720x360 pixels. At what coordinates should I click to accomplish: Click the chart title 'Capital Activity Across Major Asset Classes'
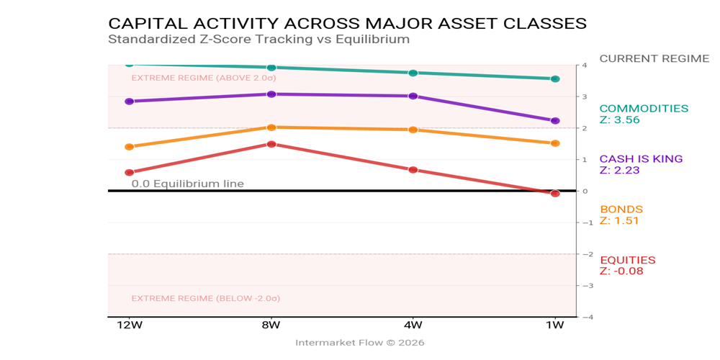tap(347, 23)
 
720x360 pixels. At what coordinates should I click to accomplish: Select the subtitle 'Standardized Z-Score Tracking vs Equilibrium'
tap(258, 40)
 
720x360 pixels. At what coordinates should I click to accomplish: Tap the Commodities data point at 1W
tap(555, 78)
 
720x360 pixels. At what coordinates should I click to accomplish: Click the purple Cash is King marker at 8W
tap(271, 94)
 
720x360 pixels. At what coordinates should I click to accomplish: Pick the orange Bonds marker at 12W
tap(130, 147)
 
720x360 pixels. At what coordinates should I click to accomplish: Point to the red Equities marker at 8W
tap(271, 144)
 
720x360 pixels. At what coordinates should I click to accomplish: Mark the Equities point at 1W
tap(555, 194)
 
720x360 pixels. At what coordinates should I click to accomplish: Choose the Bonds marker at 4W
tap(413, 130)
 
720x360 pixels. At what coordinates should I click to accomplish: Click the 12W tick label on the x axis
tap(130, 325)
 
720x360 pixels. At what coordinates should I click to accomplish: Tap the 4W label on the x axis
tap(413, 325)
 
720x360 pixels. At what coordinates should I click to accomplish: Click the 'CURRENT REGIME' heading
tap(654, 58)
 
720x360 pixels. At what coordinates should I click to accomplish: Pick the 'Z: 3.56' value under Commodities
tap(619, 120)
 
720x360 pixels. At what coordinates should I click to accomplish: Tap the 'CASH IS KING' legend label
tap(641, 159)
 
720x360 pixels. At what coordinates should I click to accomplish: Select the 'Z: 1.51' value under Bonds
tap(619, 221)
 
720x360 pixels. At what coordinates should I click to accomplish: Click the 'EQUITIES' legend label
tap(627, 260)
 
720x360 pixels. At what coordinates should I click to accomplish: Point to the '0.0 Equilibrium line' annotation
tap(187, 184)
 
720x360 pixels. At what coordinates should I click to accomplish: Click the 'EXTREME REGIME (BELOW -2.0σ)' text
tap(205, 298)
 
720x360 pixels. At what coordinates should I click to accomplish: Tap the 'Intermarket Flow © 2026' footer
tap(359, 343)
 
